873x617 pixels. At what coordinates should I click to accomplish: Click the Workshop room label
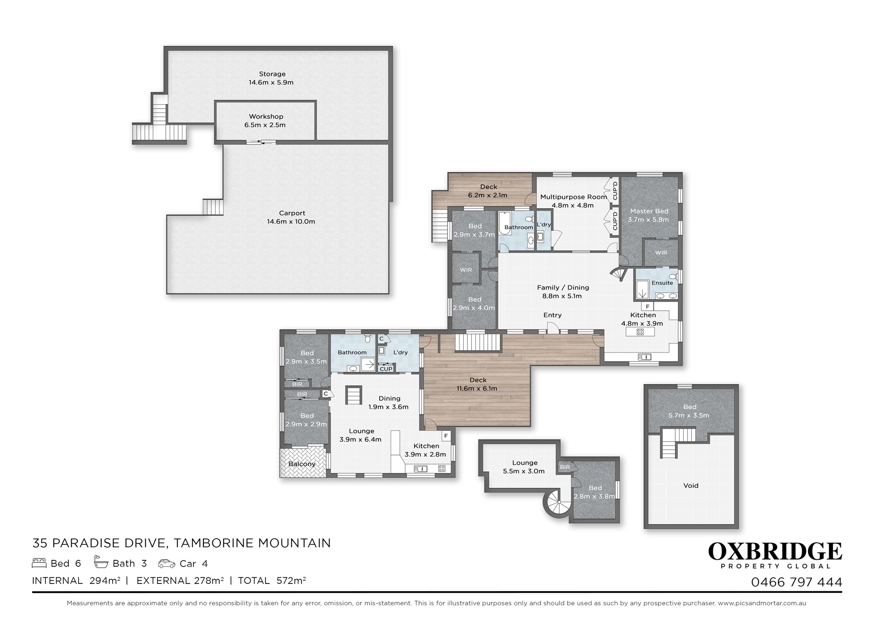[x=266, y=117]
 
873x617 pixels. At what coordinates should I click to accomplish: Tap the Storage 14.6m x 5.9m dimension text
[x=271, y=82]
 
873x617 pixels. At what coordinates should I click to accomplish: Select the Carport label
[x=292, y=213]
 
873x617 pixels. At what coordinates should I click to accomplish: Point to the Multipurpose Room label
[x=574, y=197]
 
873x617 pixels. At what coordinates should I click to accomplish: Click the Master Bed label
[x=649, y=211]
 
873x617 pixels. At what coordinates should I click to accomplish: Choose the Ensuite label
[x=662, y=283]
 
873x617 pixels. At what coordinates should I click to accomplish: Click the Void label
[x=691, y=486]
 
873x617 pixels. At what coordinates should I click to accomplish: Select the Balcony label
[x=302, y=464]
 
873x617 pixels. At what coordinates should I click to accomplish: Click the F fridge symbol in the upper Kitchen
[x=648, y=306]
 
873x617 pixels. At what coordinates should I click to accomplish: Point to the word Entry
[x=553, y=315]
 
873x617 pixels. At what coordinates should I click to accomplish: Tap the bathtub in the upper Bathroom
[x=505, y=223]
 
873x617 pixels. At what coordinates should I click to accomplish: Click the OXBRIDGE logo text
[x=775, y=552]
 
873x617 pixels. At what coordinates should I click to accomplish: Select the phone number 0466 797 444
[x=797, y=582]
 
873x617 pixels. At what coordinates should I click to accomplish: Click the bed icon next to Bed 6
[x=39, y=563]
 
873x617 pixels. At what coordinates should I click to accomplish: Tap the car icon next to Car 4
[x=166, y=563]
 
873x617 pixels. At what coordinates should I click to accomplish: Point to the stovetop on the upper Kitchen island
[x=640, y=332]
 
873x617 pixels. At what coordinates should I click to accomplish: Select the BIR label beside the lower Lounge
[x=565, y=467]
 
